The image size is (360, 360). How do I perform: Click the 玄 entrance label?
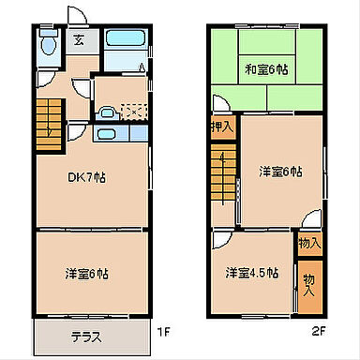point(79,40)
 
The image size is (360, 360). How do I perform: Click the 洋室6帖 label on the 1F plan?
point(88,274)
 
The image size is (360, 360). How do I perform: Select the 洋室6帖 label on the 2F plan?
point(281,172)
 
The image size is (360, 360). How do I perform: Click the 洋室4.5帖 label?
point(251,273)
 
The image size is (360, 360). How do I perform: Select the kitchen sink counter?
point(107,133)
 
